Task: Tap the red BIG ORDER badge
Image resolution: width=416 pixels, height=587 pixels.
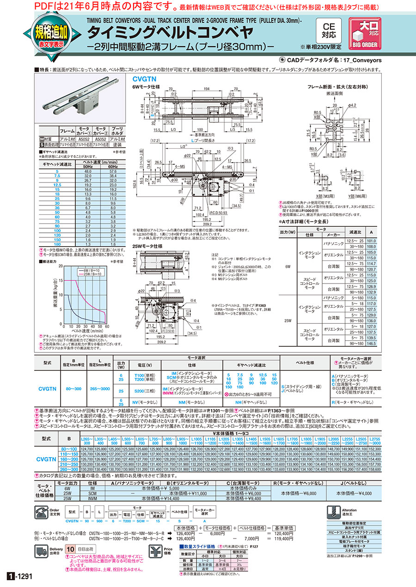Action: coord(365,33)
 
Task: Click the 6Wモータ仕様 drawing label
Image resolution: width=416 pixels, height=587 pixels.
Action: coord(146,87)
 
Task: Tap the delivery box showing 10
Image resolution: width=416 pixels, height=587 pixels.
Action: coord(70,549)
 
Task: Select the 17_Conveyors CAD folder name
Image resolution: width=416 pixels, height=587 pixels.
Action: coord(362,60)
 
